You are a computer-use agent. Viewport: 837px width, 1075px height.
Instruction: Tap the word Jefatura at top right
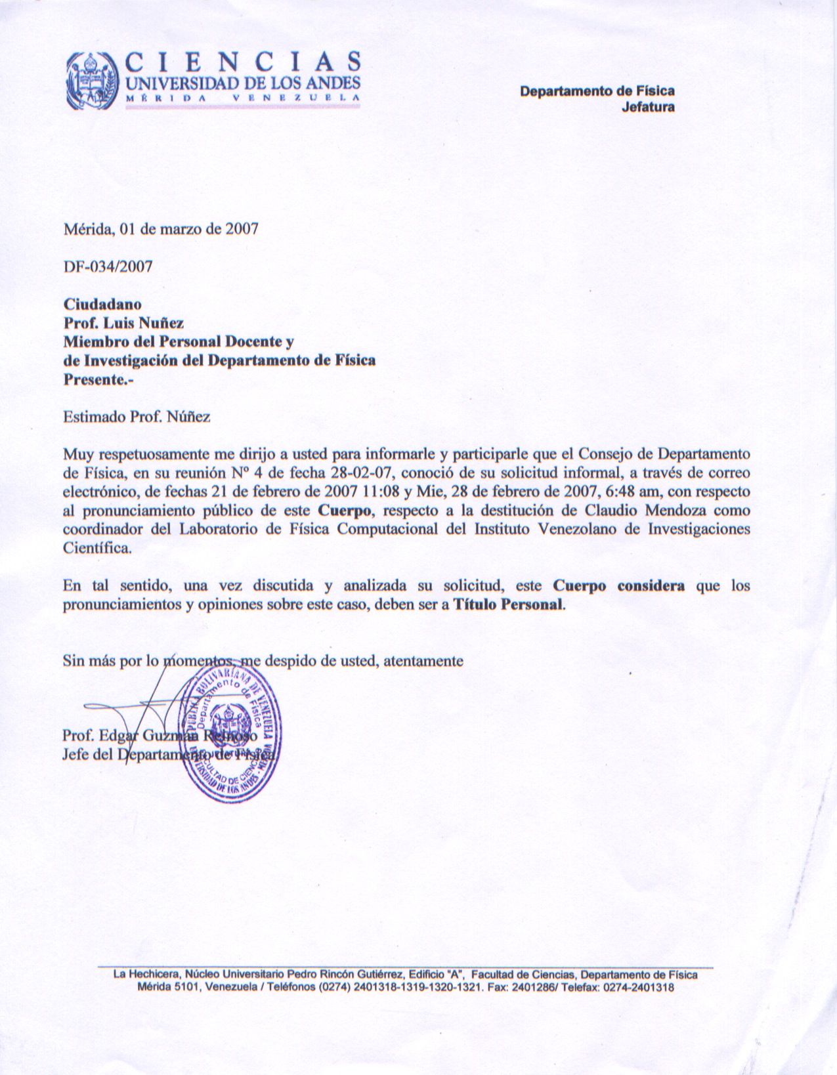click(x=647, y=106)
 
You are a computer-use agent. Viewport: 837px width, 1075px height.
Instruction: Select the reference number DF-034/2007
click(x=108, y=266)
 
